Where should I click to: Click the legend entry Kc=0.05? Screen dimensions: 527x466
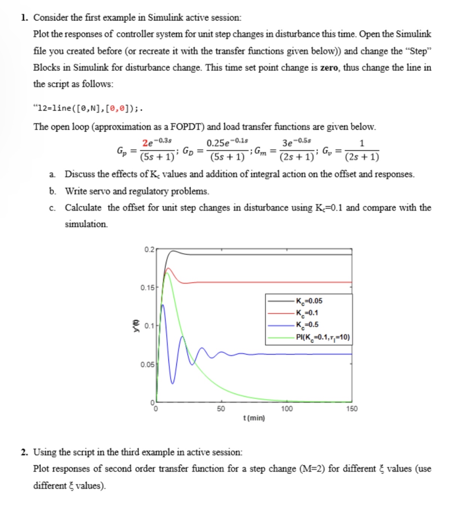pyautogui.click(x=309, y=301)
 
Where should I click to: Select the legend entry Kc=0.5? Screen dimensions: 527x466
pyautogui.click(x=307, y=325)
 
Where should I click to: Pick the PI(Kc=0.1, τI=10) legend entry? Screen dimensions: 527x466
pyautogui.click(x=323, y=337)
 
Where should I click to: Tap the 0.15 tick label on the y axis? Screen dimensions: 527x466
pyautogui.click(x=147, y=288)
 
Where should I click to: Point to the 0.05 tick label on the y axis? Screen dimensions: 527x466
pyautogui.click(x=147, y=364)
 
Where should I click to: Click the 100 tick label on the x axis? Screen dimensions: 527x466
pyautogui.click(x=287, y=409)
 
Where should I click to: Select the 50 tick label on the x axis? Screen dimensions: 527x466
pyautogui.click(x=221, y=409)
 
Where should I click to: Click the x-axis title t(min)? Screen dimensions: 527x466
pyautogui.click(x=254, y=418)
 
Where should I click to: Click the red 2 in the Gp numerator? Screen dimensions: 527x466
pyautogui.click(x=145, y=143)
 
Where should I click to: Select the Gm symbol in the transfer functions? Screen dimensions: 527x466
pyautogui.click(x=260, y=151)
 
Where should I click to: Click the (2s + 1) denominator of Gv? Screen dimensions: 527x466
pyautogui.click(x=362, y=157)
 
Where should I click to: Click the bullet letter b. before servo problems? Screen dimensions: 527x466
pyautogui.click(x=52, y=191)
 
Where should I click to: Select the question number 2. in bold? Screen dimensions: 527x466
pyautogui.click(x=24, y=452)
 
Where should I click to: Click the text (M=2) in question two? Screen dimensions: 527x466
pyautogui.click(x=312, y=468)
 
